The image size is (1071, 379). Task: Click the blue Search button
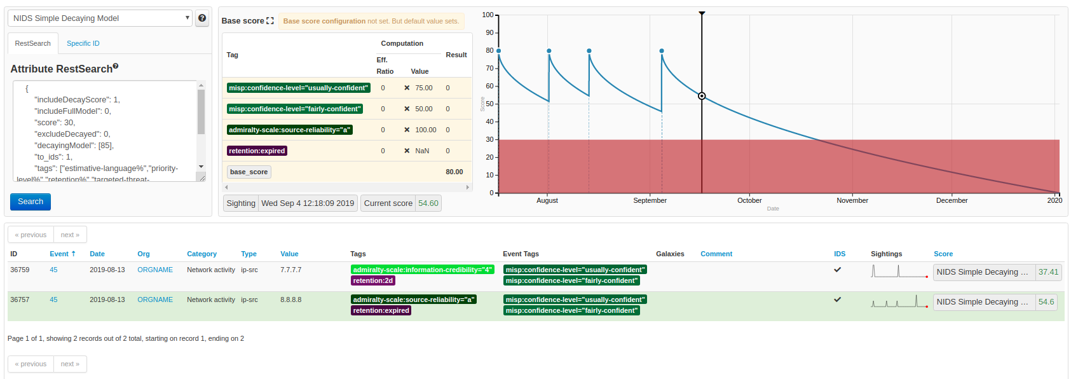31,202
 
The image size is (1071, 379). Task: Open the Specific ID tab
83,43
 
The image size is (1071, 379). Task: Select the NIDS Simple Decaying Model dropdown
100,18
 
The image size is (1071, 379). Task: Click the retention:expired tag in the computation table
257,151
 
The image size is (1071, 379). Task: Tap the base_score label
249,172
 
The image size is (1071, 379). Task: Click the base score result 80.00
454,172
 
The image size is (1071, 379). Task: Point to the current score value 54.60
428,203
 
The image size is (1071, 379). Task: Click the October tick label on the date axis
749,200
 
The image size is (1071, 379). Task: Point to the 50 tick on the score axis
489,104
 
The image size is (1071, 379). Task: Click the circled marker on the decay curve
702,96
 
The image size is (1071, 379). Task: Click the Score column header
943,254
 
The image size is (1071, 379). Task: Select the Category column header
201,254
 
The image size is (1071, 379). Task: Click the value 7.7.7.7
291,270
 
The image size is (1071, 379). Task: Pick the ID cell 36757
20,300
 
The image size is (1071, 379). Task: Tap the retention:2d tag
373,280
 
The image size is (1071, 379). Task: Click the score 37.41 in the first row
1048,272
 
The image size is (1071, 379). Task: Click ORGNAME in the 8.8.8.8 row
155,300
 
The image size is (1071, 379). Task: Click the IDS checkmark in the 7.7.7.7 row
837,270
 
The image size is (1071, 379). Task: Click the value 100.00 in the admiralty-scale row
425,130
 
